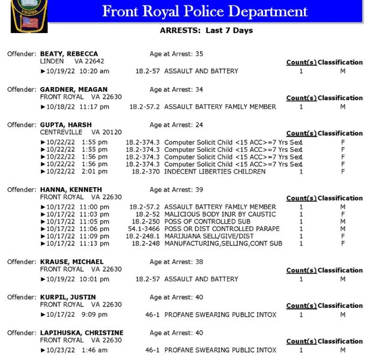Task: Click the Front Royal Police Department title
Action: click(205, 11)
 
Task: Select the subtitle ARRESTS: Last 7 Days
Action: click(206, 31)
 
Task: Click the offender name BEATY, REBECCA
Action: click(69, 54)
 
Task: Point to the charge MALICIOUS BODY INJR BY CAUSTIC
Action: click(220, 214)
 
